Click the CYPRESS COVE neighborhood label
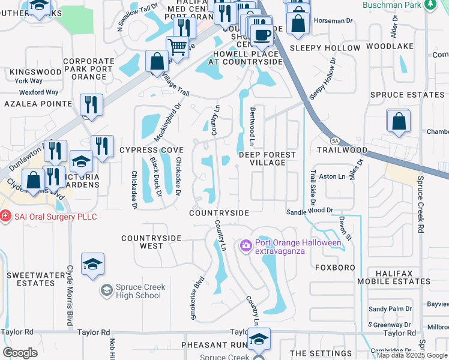pos(151,149)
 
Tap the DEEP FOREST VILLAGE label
pos(268,158)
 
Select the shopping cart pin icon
pos(177,46)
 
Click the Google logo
pos(20,352)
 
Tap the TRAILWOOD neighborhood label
pos(342,149)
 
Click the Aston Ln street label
pos(333,176)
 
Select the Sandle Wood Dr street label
pos(309,211)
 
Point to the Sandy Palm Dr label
pos(390,309)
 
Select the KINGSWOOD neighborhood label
pos(35,72)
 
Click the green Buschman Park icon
pos(430,5)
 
